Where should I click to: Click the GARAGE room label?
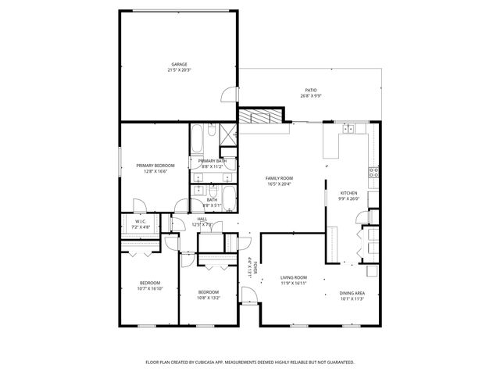(x=179, y=64)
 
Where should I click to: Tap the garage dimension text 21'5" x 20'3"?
(x=179, y=70)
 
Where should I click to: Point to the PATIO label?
(x=311, y=90)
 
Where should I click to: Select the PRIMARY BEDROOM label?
(x=155, y=166)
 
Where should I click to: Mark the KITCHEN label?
(x=348, y=193)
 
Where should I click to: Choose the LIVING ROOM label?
(x=294, y=277)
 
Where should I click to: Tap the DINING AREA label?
(x=352, y=293)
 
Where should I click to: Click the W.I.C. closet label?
(x=141, y=221)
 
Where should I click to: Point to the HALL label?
(x=202, y=219)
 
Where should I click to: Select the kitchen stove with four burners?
(x=373, y=171)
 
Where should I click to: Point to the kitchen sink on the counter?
(x=352, y=129)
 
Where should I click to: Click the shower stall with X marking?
(x=230, y=133)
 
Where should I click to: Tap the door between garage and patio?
(x=228, y=95)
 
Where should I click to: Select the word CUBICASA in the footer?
(x=209, y=362)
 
